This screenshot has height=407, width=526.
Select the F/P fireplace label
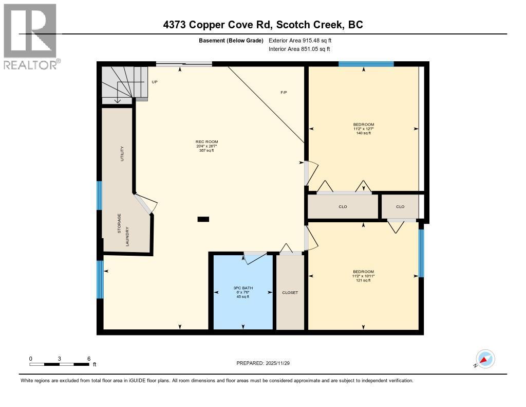click(284, 93)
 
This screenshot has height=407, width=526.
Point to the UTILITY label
click(122, 154)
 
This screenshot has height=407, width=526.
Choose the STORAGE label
click(119, 223)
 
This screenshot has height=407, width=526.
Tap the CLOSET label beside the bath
click(290, 293)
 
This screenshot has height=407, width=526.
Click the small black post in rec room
click(203, 219)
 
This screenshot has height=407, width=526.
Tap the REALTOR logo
click(30, 36)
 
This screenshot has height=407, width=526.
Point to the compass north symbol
click(485, 359)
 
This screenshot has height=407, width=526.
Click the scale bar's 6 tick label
click(89, 359)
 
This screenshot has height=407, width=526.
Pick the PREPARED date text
click(267, 363)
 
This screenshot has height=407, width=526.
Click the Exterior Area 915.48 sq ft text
click(304, 40)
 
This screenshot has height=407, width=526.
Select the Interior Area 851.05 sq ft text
click(299, 49)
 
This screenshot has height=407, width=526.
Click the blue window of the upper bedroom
click(366, 64)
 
